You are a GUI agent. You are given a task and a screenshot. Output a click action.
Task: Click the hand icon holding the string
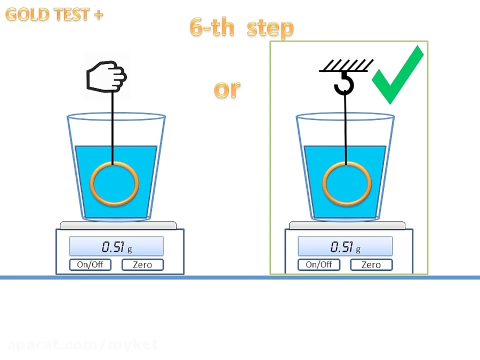coord(106,78)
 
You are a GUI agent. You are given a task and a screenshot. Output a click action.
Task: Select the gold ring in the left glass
coord(114,184)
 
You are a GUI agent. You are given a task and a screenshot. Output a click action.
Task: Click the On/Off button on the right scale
coord(318,265)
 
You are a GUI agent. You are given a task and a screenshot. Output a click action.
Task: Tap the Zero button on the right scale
coord(371,265)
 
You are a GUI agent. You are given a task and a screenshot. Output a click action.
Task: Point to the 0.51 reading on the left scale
coord(114,247)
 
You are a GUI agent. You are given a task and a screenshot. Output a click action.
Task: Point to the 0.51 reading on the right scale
coord(342,247)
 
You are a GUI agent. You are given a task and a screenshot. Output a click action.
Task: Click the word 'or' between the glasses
coord(227,89)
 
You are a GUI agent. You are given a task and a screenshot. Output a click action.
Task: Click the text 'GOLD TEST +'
coord(54,14)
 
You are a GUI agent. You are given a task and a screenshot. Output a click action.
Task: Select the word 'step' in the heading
coord(270,28)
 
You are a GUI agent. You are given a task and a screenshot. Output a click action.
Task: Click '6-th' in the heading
coord(212,28)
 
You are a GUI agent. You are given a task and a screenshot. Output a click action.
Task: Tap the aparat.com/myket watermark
coord(82,345)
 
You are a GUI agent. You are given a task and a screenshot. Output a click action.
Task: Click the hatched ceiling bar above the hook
coord(346,66)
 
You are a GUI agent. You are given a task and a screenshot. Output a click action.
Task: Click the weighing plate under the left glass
coord(118,226)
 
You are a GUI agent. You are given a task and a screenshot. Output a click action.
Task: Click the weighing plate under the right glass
coord(347,226)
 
